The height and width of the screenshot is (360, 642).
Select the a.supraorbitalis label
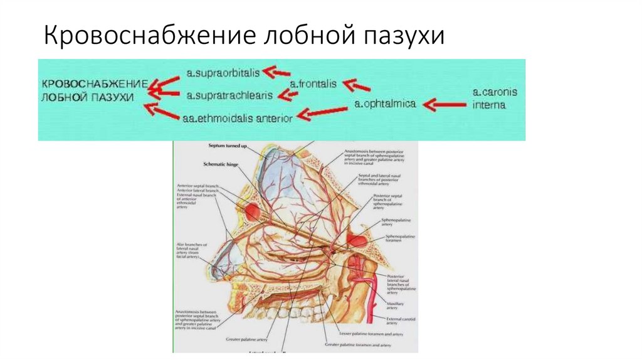point(223,73)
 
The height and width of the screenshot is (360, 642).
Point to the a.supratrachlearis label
point(229,95)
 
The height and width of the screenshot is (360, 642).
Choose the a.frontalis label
point(313,83)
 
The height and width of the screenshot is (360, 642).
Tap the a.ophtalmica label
point(385,104)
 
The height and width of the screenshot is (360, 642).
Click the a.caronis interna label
point(495,99)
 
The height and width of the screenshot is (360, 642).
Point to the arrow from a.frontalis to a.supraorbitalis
point(276,73)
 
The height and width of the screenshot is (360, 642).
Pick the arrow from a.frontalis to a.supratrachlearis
point(289,95)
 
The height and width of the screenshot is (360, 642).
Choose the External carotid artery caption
point(401,322)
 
